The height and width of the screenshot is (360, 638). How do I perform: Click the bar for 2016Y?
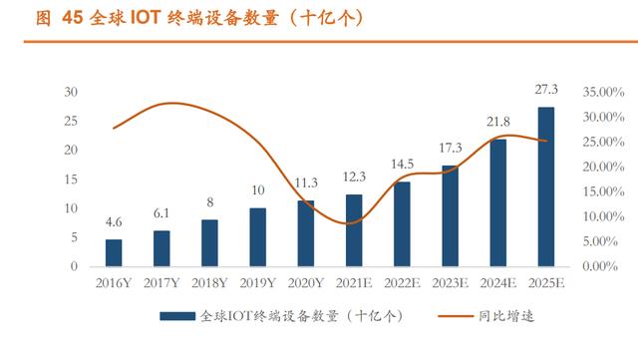(x=114, y=253)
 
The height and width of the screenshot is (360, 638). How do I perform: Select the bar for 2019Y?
(x=257, y=237)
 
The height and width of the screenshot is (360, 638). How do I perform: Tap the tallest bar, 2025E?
(x=546, y=186)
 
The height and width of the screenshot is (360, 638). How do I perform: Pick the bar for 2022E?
(x=402, y=224)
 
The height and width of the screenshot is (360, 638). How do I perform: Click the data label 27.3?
(x=546, y=89)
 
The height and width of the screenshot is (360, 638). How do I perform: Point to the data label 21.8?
(x=498, y=122)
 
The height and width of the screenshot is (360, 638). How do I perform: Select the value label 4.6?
(x=114, y=222)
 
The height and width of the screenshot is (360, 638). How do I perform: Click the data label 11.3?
(x=306, y=182)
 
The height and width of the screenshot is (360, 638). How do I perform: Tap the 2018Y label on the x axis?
(x=209, y=282)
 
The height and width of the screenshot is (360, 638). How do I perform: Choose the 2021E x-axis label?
(x=354, y=282)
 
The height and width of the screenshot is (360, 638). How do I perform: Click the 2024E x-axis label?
(x=498, y=282)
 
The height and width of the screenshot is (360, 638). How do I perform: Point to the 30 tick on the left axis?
(x=71, y=92)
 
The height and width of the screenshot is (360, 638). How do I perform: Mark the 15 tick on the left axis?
(x=71, y=180)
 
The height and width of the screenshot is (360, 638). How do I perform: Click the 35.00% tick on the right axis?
(x=603, y=92)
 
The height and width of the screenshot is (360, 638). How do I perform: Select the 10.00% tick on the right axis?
(x=603, y=216)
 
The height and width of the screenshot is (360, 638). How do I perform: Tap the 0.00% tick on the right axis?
(x=600, y=266)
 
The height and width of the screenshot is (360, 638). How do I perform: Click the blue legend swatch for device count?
(x=177, y=316)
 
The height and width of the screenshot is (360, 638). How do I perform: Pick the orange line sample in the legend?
(x=456, y=316)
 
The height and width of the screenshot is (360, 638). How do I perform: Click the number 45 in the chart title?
(x=73, y=18)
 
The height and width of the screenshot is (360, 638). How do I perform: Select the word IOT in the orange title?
(x=144, y=18)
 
